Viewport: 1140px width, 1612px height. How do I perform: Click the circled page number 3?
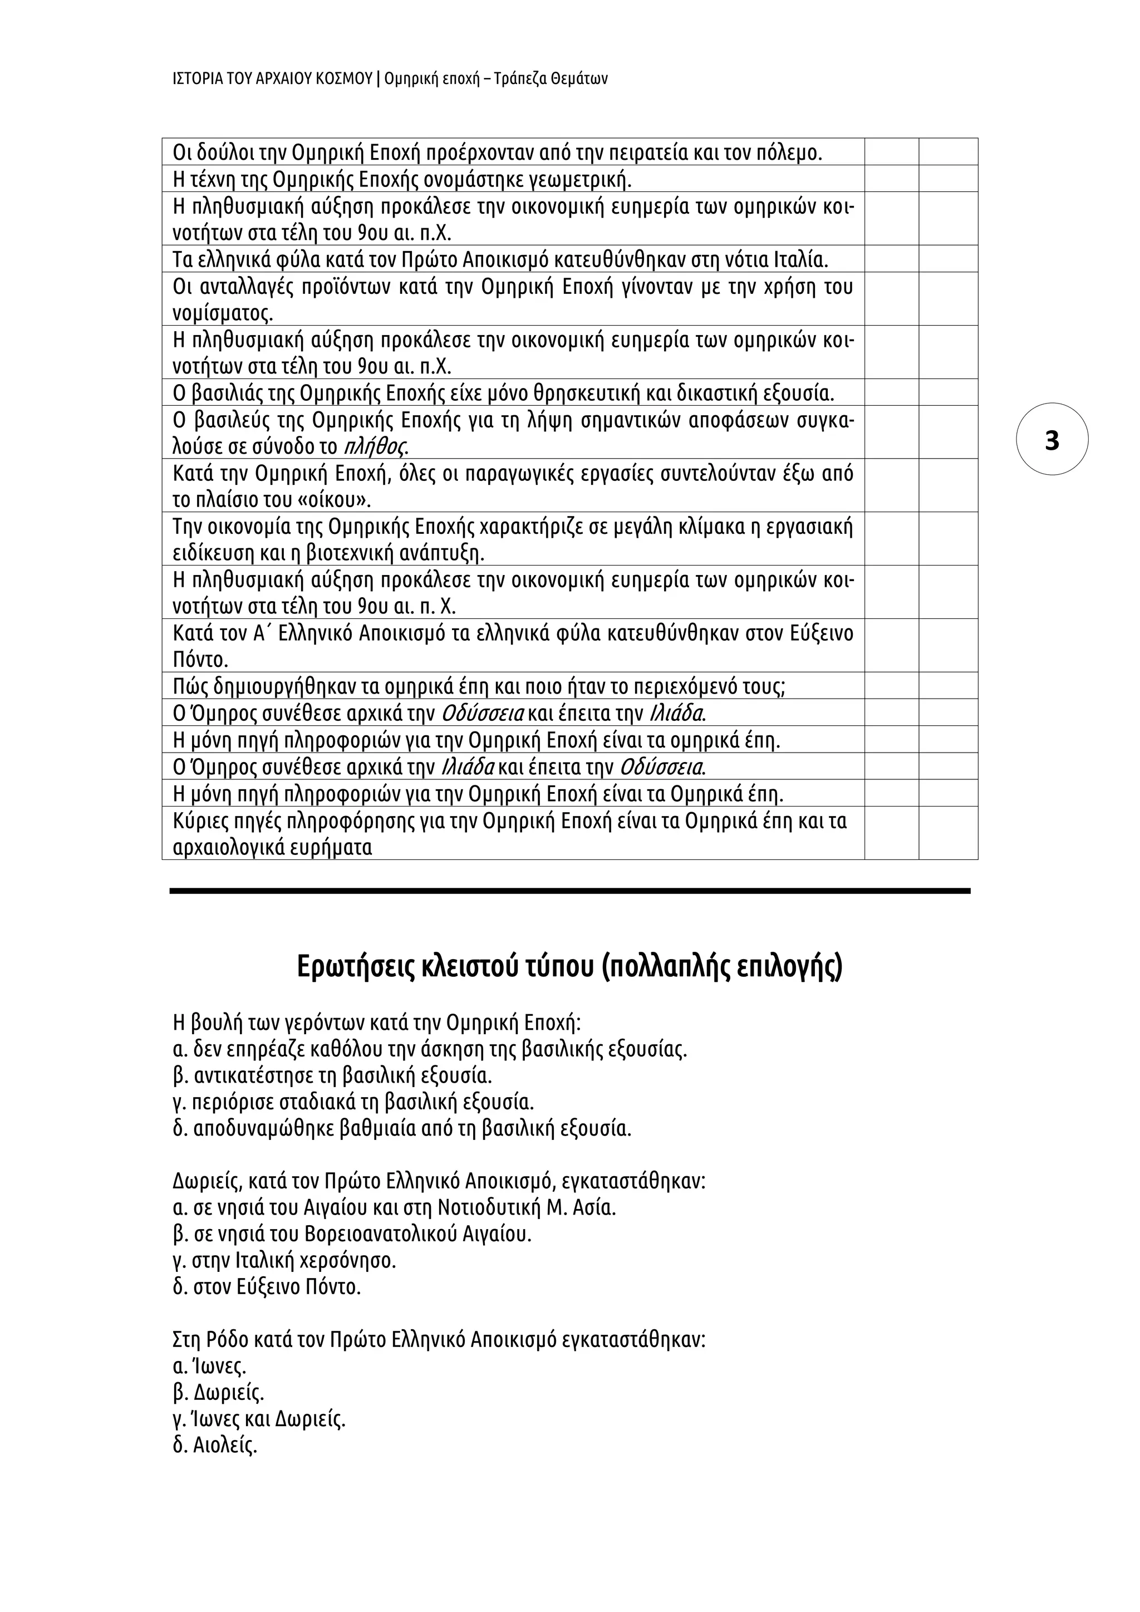1051,440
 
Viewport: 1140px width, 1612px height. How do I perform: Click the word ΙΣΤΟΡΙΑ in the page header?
196,78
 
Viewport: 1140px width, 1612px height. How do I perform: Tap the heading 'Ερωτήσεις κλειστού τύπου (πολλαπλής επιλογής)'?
569,966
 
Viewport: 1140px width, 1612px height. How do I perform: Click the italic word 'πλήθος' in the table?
377,446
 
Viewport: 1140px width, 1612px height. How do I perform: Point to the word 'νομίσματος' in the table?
223,313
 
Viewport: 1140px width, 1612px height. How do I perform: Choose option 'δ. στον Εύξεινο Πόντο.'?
267,1287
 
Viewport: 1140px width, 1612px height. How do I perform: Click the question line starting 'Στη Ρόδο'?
439,1340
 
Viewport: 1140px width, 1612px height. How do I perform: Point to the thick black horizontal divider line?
569,890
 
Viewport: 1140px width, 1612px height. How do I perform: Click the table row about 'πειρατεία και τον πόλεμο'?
497,153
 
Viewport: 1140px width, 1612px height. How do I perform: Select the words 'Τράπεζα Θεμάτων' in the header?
551,78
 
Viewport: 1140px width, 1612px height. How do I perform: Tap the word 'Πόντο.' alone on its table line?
201,660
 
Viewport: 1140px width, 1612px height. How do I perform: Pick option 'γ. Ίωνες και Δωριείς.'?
259,1419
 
